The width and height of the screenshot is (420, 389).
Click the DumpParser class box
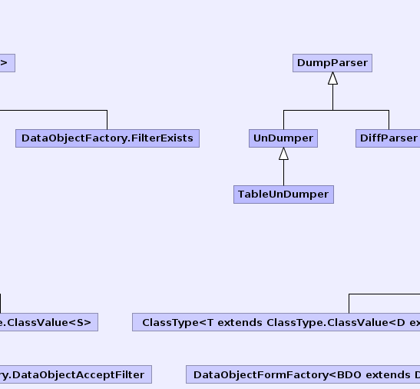pyautogui.click(x=332, y=63)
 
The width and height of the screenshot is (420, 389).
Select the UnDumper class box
pyautogui.click(x=283, y=138)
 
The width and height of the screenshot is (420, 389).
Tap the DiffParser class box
pyautogui.click(x=388, y=138)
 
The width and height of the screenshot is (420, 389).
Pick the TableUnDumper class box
pyautogui.click(x=283, y=194)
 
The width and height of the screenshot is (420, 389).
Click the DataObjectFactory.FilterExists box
pyautogui.click(x=107, y=138)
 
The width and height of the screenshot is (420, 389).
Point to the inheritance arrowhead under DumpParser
pyautogui.click(x=332, y=78)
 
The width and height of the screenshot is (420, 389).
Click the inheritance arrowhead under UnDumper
pyautogui.click(x=283, y=154)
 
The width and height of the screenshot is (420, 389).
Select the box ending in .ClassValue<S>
pyautogui.click(x=49, y=322)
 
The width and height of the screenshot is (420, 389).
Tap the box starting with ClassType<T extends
pyautogui.click(x=276, y=322)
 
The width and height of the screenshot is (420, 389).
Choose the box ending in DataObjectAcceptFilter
pyautogui.click(x=76, y=374)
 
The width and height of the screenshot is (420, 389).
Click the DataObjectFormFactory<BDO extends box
pyautogui.click(x=303, y=374)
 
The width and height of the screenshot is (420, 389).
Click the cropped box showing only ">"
pyautogui.click(x=8, y=63)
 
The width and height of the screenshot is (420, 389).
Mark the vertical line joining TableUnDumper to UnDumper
pyautogui.click(x=283, y=173)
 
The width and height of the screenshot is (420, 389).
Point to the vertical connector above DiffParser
pyautogui.click(x=389, y=120)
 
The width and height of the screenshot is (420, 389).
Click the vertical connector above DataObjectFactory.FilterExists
pyautogui.click(x=107, y=120)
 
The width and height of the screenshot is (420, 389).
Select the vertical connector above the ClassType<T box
pyautogui.click(x=349, y=304)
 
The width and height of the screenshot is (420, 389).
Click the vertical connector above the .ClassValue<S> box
pyautogui.click(x=0, y=304)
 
